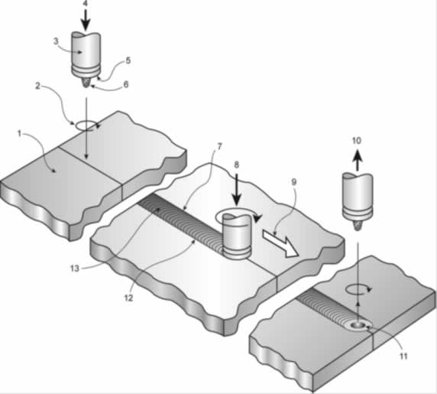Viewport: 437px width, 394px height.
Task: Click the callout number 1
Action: click(x=20, y=134)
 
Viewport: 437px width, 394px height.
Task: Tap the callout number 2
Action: click(x=38, y=86)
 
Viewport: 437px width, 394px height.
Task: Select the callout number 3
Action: click(x=57, y=41)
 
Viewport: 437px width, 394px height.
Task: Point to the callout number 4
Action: click(x=86, y=4)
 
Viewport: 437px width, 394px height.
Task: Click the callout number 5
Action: click(x=128, y=60)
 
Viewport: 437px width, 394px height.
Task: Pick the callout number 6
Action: click(x=126, y=84)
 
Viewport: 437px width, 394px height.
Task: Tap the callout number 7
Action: click(x=219, y=146)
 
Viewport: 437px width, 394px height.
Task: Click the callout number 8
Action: click(x=236, y=165)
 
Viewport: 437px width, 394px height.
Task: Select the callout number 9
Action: click(x=294, y=182)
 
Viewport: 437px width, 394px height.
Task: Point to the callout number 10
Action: click(x=357, y=141)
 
